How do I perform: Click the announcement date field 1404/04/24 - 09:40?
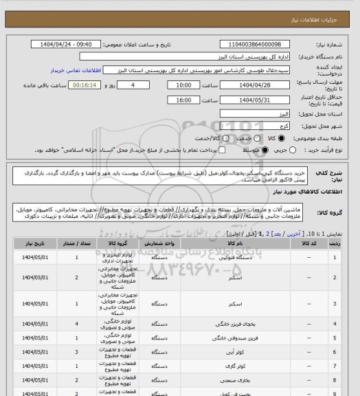pyautogui.click(x=71, y=44)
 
